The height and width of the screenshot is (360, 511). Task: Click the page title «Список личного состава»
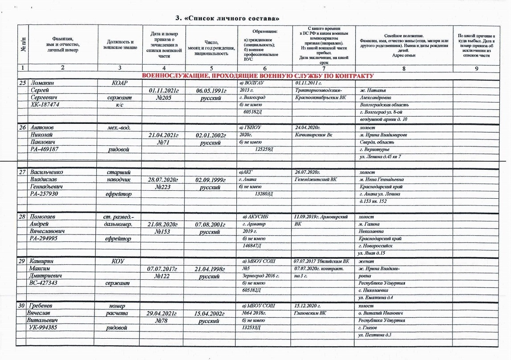[x=227, y=18]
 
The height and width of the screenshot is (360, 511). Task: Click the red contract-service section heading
[x=257, y=76]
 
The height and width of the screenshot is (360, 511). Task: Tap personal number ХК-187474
[x=45, y=105]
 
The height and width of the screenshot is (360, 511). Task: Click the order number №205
[x=162, y=98]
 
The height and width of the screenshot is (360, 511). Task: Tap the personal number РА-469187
[x=45, y=150]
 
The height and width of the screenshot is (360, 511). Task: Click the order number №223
[x=162, y=187]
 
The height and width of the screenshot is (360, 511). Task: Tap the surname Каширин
[x=41, y=261]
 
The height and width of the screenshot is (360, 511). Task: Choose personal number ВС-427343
[x=45, y=283]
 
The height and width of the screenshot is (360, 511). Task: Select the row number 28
[x=21, y=217]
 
